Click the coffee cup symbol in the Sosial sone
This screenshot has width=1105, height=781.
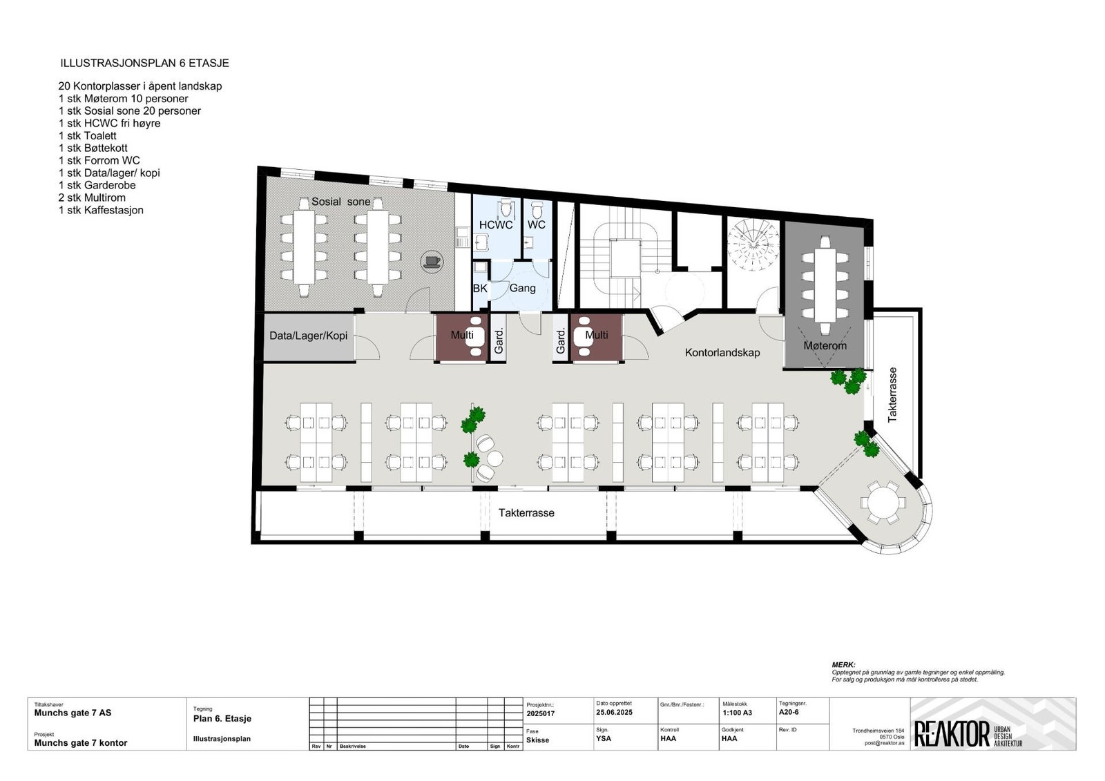click(x=432, y=261)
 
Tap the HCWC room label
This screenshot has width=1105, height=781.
click(x=496, y=225)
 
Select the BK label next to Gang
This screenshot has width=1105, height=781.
click(x=479, y=288)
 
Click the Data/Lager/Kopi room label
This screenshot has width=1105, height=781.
click(x=308, y=336)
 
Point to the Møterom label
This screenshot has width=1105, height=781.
click(x=825, y=345)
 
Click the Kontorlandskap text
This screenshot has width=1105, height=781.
click(x=722, y=353)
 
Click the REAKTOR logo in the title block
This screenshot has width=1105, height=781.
click(x=952, y=734)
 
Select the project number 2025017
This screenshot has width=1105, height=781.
click(x=540, y=713)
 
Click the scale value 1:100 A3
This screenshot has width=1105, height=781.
click(x=737, y=713)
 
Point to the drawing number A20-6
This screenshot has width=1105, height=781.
click(x=789, y=712)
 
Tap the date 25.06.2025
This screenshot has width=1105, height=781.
click(x=614, y=712)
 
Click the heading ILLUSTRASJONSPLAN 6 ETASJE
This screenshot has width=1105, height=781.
click(x=144, y=63)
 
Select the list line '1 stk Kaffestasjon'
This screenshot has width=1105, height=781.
click(x=101, y=210)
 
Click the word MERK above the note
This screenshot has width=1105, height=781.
click(x=843, y=664)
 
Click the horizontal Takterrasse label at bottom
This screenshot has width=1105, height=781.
click(x=526, y=513)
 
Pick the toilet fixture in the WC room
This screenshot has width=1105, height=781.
click(x=537, y=209)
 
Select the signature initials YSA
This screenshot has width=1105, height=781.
click(x=603, y=738)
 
